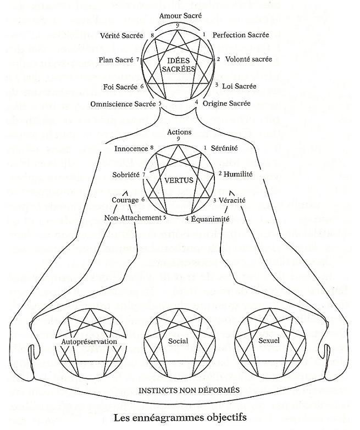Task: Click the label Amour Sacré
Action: (179, 16)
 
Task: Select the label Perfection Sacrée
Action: (240, 35)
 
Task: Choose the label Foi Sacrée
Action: (120, 87)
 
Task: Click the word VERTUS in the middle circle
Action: (178, 180)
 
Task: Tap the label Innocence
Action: (131, 148)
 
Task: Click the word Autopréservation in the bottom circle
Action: (89, 342)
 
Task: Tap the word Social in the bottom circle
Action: (178, 341)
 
